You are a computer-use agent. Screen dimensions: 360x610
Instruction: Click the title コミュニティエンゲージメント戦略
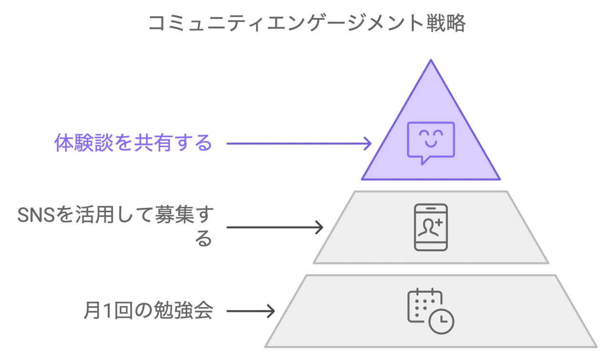(x=307, y=23)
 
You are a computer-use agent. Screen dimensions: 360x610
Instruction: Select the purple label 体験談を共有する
(x=133, y=143)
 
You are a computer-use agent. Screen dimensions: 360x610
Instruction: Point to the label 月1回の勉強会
(x=148, y=311)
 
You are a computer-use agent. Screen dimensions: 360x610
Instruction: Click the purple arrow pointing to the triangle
(x=298, y=143)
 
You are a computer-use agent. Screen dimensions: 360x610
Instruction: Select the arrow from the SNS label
(x=274, y=227)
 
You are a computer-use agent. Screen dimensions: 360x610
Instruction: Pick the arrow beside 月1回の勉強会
(x=251, y=311)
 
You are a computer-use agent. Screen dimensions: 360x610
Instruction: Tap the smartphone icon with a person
(x=431, y=227)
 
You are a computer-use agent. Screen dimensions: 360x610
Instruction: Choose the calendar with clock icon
(x=430, y=310)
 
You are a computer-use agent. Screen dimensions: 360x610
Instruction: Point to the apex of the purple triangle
(x=431, y=61)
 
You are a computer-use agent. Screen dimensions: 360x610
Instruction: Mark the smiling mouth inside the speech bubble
(x=431, y=144)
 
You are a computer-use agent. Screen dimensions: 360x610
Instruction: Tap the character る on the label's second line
(x=203, y=239)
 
